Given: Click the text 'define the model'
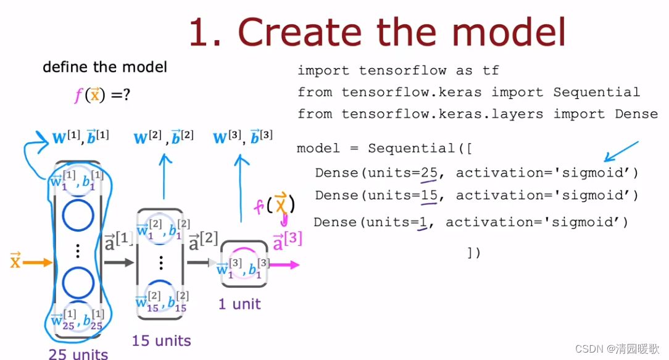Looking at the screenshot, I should coord(105,67).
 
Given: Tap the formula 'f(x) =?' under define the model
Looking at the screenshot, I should coord(102,96).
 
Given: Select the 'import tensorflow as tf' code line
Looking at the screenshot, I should coord(398,70).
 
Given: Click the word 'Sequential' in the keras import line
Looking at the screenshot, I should coord(596,93).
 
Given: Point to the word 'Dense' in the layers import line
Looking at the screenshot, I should coord(636,114).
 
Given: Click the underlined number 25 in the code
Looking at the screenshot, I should coord(429,173).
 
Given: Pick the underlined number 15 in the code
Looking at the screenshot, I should coord(429,196).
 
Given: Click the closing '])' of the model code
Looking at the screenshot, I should coord(473,253).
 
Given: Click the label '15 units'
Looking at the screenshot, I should coord(162,340).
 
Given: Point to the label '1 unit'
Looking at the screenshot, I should coord(239,304).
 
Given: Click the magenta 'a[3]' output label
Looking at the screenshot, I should coord(288,240).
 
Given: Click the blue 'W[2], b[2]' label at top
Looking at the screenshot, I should coord(164,136).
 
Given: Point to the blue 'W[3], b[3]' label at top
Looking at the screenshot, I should coord(242,136).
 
